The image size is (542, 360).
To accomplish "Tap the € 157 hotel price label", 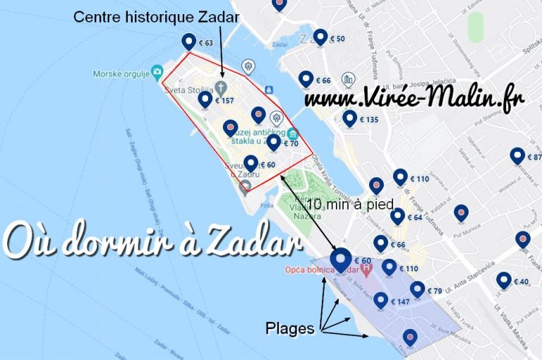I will (224, 101).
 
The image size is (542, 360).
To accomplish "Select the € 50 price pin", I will (321, 37).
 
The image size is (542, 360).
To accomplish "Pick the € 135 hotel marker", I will (350, 119).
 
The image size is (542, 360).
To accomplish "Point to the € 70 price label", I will (291, 144).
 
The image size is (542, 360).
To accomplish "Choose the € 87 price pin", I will (519, 157).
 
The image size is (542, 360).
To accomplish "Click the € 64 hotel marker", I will (398, 217).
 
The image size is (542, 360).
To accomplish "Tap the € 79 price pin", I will (418, 290).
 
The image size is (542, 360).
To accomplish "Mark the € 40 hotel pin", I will (504, 281).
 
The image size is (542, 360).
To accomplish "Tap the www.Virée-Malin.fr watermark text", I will (414, 100).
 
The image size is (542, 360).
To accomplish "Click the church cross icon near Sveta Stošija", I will (221, 88).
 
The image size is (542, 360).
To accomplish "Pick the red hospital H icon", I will (366, 269).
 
